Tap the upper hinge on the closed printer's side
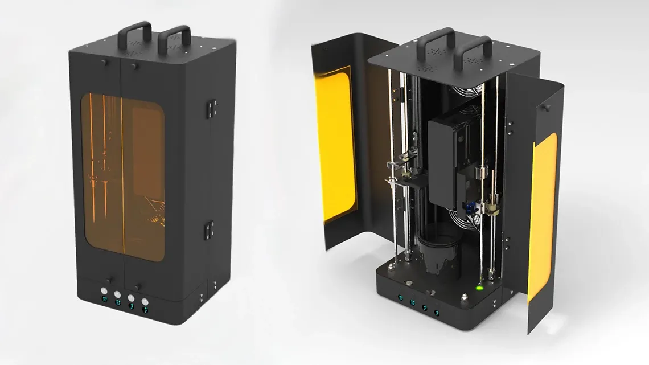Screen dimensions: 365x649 point(211,107)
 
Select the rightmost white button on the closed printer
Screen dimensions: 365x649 point(145,301)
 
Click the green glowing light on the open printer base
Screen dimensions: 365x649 point(479,288)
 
